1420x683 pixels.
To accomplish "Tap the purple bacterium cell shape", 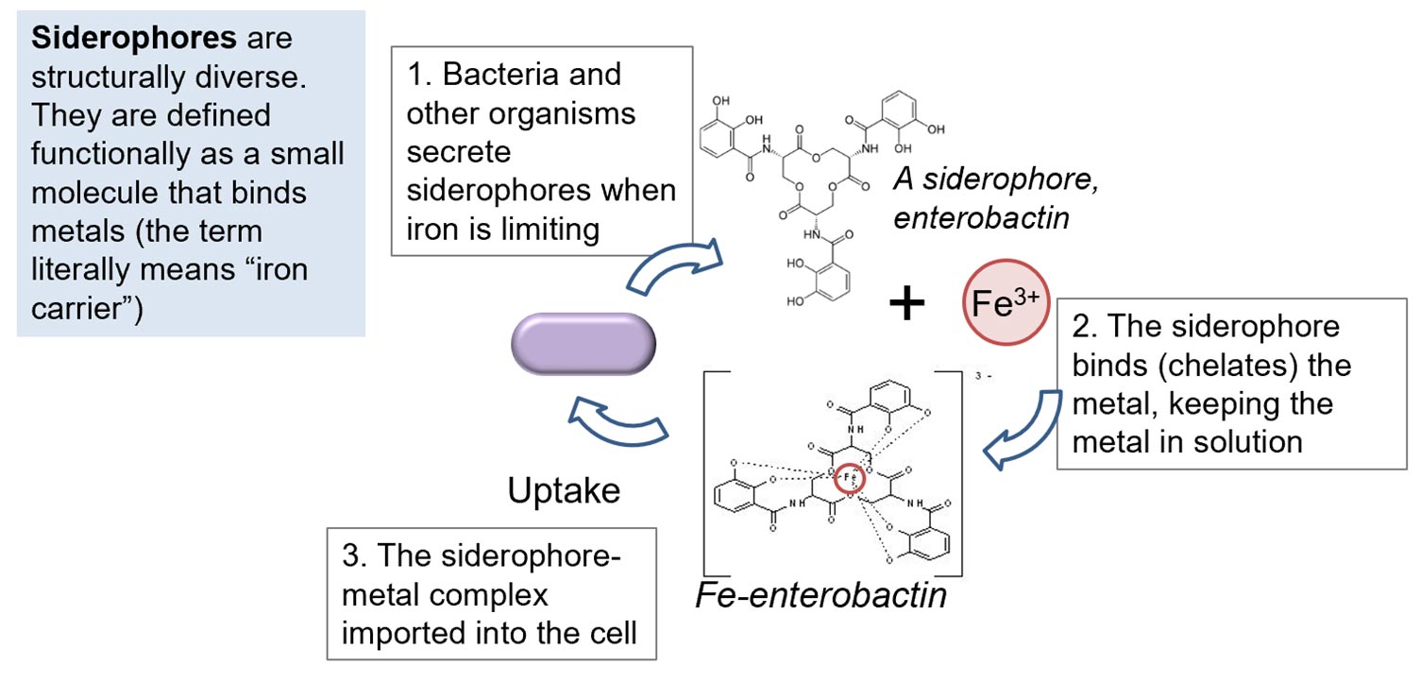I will [582, 346].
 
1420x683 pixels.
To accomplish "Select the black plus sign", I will [906, 304].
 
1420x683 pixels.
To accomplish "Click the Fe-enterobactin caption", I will [820, 596].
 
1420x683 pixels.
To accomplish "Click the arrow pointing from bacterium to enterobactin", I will [673, 267].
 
